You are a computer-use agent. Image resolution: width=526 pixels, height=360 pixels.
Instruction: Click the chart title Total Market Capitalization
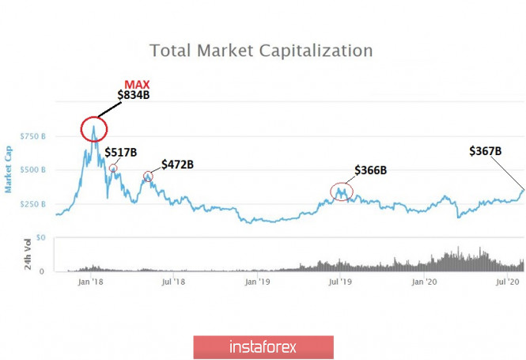point(261,51)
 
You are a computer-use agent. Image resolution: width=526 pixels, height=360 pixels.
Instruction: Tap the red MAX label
point(136,85)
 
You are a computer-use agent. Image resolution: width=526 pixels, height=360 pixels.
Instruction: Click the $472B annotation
point(177,165)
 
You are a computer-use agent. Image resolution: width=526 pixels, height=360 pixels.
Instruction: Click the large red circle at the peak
point(94,128)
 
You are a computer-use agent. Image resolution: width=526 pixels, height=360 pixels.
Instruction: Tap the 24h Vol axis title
point(27,256)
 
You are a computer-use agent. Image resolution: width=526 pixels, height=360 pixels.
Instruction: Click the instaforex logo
point(263,347)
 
